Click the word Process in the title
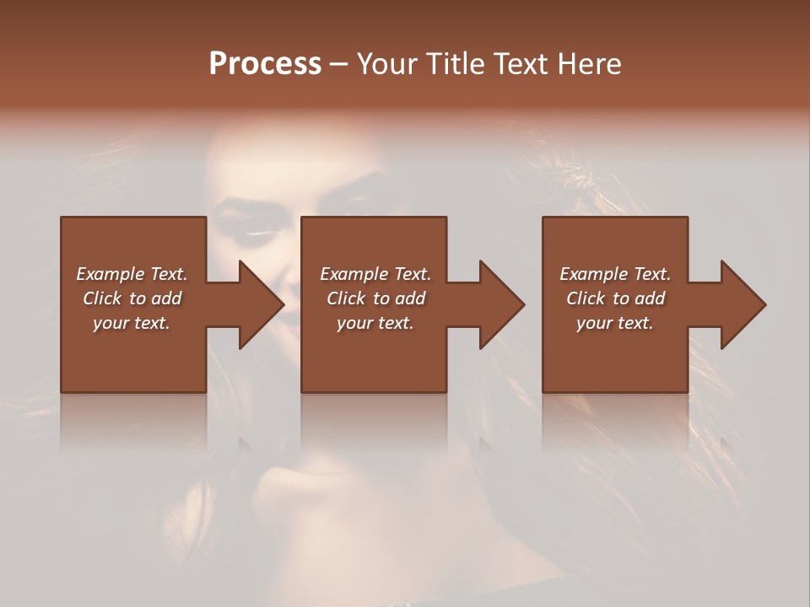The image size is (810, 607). point(265,64)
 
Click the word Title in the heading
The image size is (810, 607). point(452,64)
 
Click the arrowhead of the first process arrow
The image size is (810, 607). point(261,304)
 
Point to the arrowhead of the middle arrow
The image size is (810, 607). point(502,304)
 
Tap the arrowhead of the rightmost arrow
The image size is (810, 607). point(743,304)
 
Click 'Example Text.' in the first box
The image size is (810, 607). point(132,274)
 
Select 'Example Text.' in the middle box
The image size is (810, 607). point(375,274)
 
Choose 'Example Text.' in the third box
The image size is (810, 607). point(615,274)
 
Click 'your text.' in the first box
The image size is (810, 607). point(132,323)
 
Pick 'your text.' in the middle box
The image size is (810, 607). point(375,323)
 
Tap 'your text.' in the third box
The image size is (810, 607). point(615,323)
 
